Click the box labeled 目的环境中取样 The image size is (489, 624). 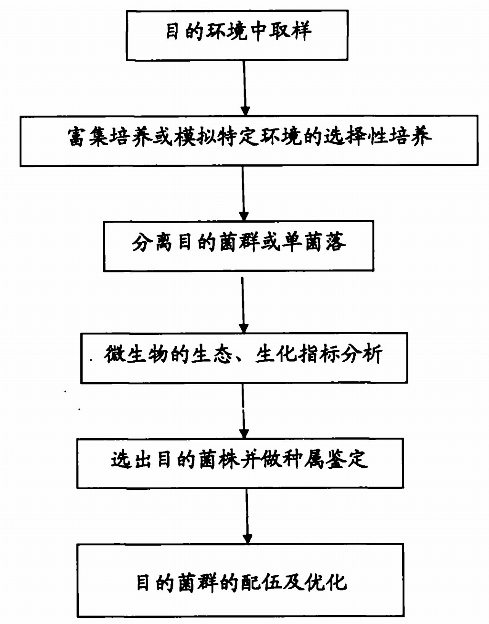click(x=237, y=34)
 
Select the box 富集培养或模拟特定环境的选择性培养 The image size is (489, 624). click(x=249, y=140)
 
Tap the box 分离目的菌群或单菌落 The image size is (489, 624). click(x=238, y=246)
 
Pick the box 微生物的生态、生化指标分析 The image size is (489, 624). click(x=244, y=357)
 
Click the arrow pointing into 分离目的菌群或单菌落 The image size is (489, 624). click(x=244, y=193)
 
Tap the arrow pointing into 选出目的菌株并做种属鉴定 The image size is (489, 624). click(x=244, y=411)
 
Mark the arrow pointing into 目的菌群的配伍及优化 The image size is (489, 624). click(x=247, y=516)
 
